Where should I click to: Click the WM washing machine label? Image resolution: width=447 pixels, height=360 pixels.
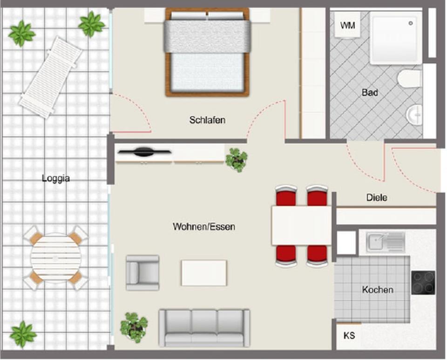click(347, 25)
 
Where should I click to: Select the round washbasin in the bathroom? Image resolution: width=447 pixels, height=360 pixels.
click(414, 113)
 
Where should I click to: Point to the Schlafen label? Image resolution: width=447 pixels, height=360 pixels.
click(207, 120)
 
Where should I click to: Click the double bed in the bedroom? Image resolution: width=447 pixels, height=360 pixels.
click(207, 52)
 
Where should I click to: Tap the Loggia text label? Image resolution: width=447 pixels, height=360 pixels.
click(55, 178)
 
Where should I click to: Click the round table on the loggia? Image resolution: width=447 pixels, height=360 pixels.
click(55, 257)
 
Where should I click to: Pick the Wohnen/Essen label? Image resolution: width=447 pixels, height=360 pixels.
click(204, 227)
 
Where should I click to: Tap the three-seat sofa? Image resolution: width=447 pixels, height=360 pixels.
click(204, 327)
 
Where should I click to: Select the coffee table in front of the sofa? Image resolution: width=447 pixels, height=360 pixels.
click(204, 272)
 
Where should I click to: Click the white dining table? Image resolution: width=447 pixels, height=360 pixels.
click(301, 225)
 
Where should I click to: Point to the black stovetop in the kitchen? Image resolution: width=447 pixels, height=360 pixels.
click(423, 282)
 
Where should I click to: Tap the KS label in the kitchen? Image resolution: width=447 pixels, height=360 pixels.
click(349, 335)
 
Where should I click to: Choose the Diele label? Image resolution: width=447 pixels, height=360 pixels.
click(377, 197)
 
